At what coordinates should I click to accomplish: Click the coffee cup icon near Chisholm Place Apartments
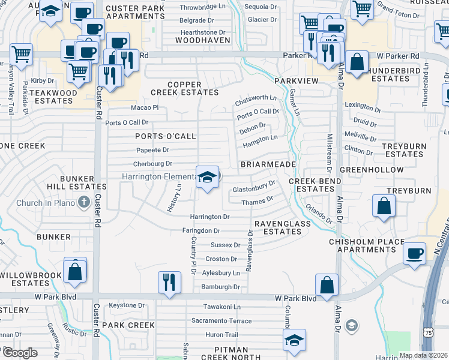[x=414, y=253]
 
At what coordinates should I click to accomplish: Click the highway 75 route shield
[x=427, y=332]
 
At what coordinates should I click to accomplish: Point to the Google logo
[x=19, y=353]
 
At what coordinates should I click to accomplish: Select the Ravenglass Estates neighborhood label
[x=282, y=227]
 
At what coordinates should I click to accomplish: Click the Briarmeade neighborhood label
[x=268, y=164]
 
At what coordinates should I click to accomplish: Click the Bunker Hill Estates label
[x=83, y=183]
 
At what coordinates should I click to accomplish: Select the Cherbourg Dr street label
[x=152, y=163]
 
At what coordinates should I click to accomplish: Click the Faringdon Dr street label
[x=201, y=230]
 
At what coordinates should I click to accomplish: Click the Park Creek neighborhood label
[x=128, y=325]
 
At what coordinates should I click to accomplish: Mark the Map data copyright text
[x=423, y=355]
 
